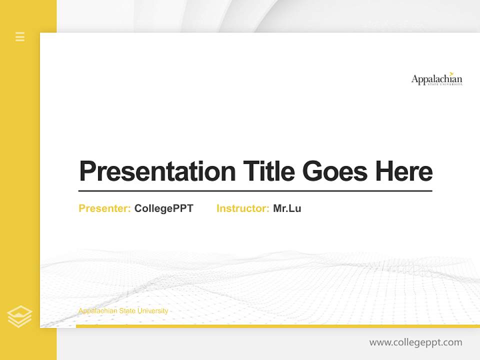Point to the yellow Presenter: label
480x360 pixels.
(x=104, y=208)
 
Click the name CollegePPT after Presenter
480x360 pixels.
(x=163, y=208)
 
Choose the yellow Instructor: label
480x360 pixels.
(x=242, y=208)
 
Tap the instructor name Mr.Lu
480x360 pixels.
(x=287, y=208)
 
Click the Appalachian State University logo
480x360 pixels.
(x=436, y=79)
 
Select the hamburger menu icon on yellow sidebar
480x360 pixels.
(x=20, y=36)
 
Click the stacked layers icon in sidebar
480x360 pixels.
(x=19, y=316)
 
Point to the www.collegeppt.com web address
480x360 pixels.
(x=415, y=342)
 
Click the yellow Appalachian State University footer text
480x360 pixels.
(x=123, y=311)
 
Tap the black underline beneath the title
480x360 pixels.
(x=255, y=190)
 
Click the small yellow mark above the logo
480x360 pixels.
(x=451, y=73)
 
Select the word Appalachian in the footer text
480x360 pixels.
(x=98, y=311)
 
